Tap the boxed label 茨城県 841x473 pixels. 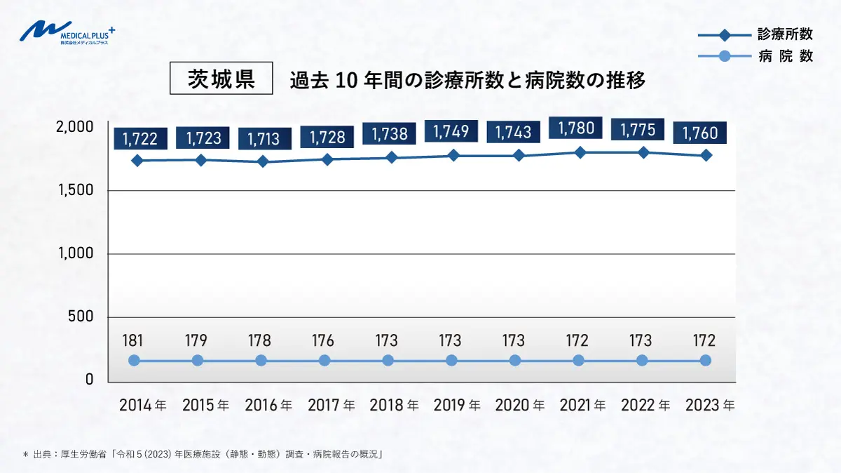(221, 79)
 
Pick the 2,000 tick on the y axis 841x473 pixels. (75, 127)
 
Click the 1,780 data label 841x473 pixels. (577, 128)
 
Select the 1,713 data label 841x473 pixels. (264, 139)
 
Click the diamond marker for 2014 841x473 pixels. (137, 161)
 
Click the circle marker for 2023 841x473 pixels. (706, 360)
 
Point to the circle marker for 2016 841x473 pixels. (261, 360)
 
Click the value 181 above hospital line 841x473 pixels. (133, 341)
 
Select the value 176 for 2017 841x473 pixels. (323, 341)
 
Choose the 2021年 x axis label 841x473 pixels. (583, 406)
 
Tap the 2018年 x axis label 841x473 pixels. (394, 406)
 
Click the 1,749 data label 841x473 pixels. (451, 131)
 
